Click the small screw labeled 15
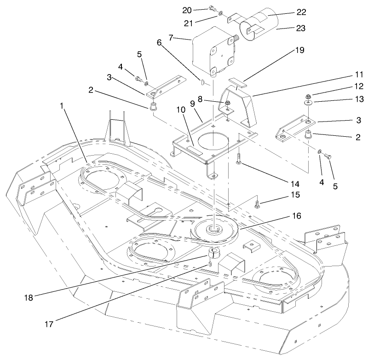point(257,203)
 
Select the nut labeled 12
point(307,96)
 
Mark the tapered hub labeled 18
point(213,253)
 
